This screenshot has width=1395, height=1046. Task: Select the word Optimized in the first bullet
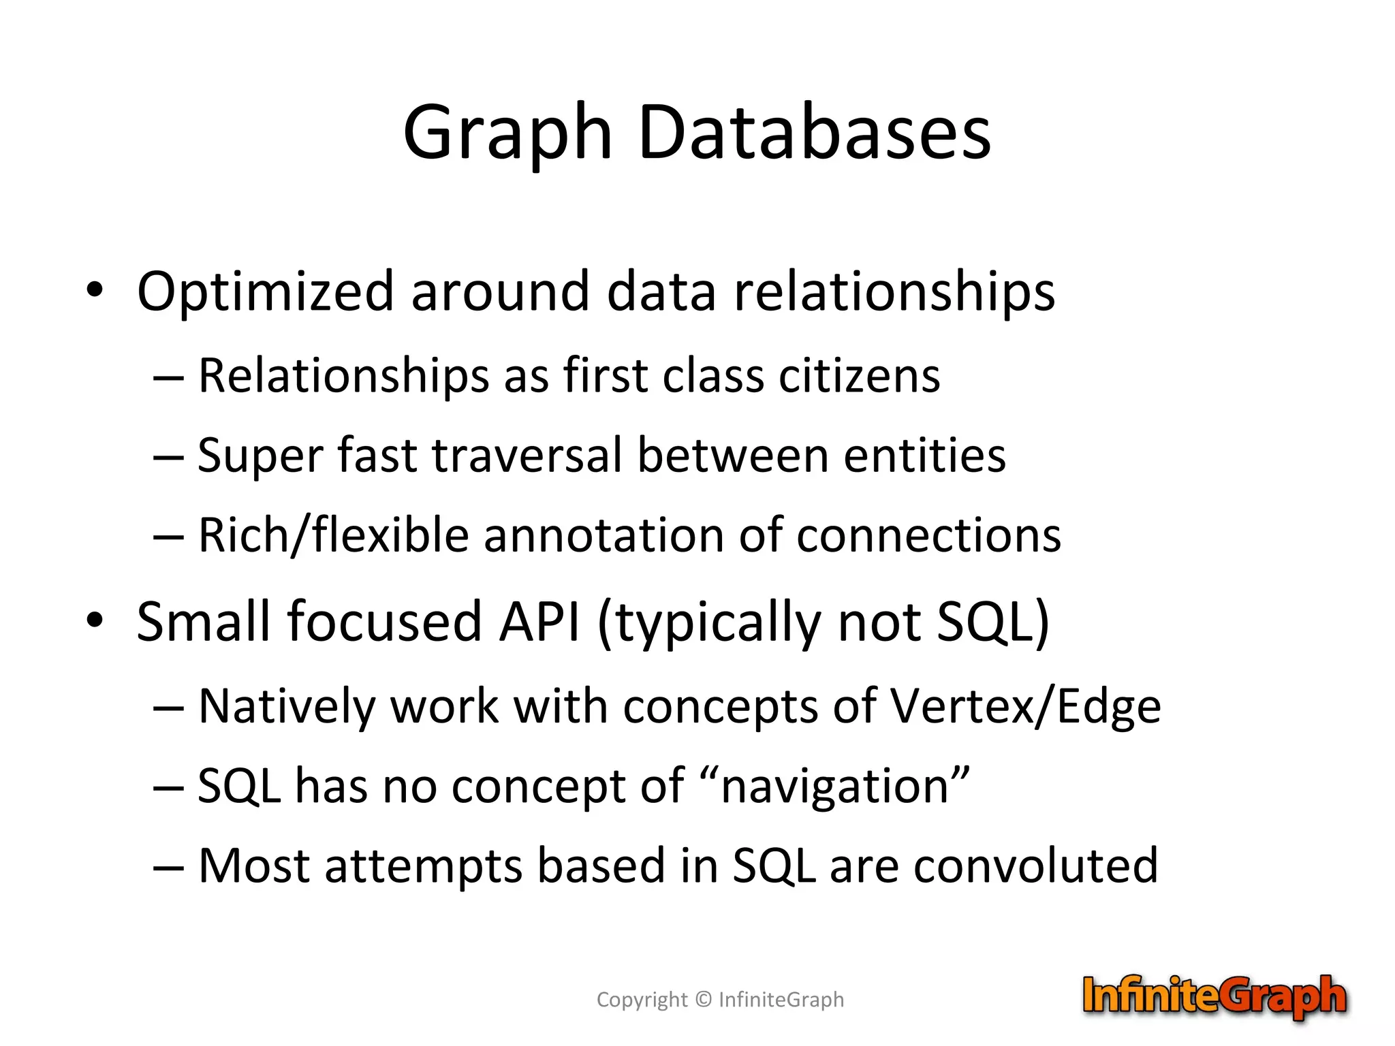click(x=265, y=291)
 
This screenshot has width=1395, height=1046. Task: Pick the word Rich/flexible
click(x=334, y=535)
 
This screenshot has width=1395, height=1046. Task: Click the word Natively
click(x=287, y=707)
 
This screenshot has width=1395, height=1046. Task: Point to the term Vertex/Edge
click(x=1026, y=707)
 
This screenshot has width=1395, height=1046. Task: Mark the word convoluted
click(x=1035, y=866)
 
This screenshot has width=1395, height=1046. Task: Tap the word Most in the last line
click(x=254, y=866)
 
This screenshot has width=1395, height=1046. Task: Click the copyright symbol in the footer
click(x=704, y=1000)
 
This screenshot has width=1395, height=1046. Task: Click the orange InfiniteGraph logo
click(x=1214, y=996)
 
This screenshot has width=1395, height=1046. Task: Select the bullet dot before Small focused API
click(x=95, y=620)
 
